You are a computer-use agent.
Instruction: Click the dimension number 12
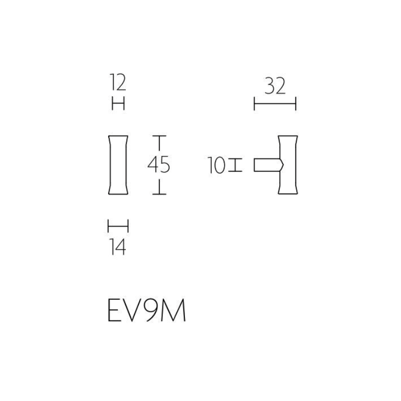point(118,82)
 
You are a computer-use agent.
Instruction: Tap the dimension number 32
point(275,86)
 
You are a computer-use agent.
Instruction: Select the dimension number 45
point(159,165)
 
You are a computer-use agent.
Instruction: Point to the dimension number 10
point(217,165)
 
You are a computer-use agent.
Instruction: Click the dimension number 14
point(118,247)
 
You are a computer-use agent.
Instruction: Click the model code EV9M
point(146,310)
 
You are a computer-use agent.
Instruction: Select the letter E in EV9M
point(113,310)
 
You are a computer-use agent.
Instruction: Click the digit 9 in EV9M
point(150,310)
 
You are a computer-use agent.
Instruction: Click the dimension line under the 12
point(118,104)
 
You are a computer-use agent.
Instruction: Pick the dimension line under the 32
point(275,104)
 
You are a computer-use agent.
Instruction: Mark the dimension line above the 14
point(118,226)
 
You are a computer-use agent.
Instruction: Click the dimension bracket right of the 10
point(235,165)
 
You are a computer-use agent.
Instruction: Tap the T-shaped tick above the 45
point(159,143)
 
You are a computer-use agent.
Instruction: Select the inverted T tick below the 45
point(159,186)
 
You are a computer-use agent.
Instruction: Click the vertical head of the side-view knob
point(288,165)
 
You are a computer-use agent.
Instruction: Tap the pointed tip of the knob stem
point(284,165)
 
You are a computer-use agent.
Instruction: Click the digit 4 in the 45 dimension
point(153,165)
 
